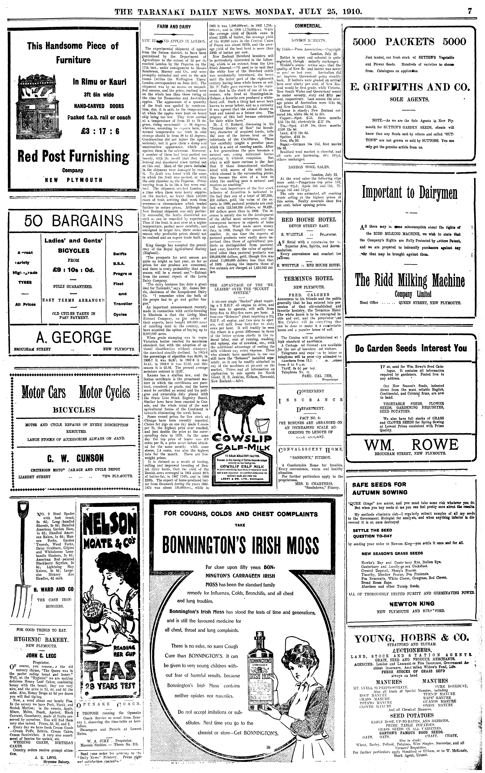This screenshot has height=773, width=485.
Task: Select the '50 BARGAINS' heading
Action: coord(73,221)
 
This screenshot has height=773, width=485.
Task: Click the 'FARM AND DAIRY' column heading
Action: coord(174,27)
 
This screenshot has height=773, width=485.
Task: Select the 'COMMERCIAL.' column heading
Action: coord(308,26)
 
